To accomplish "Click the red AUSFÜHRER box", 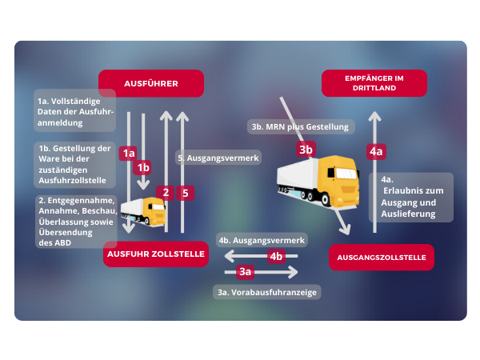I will click(150, 83).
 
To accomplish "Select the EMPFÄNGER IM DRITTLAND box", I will click(374, 83).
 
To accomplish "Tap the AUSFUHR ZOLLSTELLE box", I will click(155, 255).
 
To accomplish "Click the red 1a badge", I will click(127, 152).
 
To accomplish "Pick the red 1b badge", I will click(143, 167).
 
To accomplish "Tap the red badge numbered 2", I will click(166, 192).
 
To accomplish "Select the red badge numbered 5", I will click(185, 192).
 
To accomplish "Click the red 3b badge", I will click(305, 149).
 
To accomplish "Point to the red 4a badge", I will click(375, 150).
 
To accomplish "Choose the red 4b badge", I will click(276, 256).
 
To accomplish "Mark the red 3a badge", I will click(246, 272).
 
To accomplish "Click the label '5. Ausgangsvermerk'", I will click(218, 158).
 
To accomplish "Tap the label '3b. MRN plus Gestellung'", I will click(300, 126).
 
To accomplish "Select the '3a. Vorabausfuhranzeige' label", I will click(267, 293).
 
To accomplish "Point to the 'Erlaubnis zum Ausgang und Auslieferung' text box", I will click(410, 197).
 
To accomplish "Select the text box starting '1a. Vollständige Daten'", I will click(76, 112).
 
